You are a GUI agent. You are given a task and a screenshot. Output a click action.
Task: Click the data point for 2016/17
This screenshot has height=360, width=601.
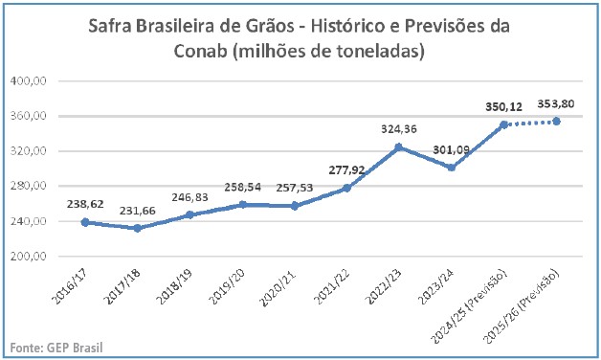pyautogui.click(x=85, y=222)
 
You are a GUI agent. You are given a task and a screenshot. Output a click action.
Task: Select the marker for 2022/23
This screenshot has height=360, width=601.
pyautogui.click(x=399, y=147)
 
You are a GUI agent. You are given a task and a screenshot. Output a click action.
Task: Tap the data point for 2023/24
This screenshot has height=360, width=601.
pyautogui.click(x=452, y=168)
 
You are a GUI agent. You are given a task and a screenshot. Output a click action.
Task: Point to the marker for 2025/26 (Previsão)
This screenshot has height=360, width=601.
pyautogui.click(x=556, y=121)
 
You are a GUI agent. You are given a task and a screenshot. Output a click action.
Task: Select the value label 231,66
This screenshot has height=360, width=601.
pyautogui.click(x=137, y=211)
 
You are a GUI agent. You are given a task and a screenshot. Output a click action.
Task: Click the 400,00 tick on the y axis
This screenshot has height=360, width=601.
pyautogui.click(x=29, y=81)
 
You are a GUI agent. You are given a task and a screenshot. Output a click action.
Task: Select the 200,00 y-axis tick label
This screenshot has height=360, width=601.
pyautogui.click(x=29, y=257)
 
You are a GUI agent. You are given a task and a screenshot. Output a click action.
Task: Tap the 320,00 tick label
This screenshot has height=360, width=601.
pyautogui.click(x=29, y=151)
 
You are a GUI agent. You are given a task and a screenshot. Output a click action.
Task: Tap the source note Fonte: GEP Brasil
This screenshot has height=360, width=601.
pyautogui.click(x=56, y=347)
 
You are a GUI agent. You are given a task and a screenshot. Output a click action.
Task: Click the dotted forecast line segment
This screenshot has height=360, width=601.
pyautogui.click(x=530, y=123)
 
